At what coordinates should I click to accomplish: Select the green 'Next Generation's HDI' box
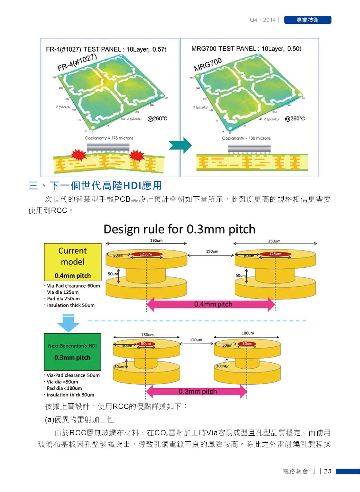(72, 352)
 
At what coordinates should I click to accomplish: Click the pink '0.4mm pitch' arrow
(211, 304)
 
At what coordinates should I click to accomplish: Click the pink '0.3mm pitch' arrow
(196, 391)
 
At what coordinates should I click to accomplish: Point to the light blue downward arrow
(68, 323)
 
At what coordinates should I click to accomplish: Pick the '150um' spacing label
(212, 251)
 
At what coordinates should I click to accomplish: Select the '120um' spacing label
(196, 340)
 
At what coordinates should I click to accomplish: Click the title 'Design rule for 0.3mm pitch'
(179, 229)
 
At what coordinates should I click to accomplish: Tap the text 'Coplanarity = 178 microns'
(109, 138)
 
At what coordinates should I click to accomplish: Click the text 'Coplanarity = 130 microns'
(246, 138)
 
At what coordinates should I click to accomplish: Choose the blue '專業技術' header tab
(307, 20)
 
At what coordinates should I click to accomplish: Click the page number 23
(328, 471)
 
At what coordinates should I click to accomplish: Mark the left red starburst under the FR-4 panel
(79, 155)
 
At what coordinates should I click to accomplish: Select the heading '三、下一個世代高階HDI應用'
(95, 185)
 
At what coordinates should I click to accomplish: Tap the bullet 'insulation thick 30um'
(70, 395)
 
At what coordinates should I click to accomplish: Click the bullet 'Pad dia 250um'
(63, 299)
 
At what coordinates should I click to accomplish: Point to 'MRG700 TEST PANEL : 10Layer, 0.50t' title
(246, 49)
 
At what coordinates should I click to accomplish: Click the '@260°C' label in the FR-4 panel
(157, 119)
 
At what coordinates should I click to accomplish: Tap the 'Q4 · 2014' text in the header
(263, 20)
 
